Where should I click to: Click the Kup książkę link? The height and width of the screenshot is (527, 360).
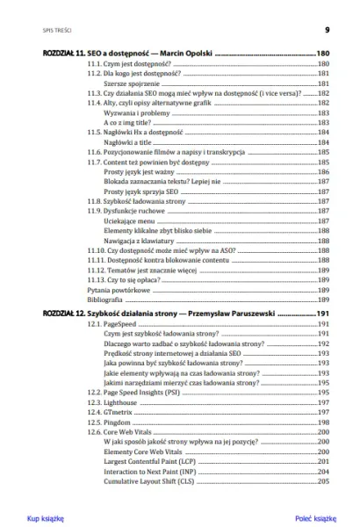pyautogui.click(x=46, y=518)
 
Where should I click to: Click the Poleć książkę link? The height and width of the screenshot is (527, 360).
pyautogui.click(x=315, y=518)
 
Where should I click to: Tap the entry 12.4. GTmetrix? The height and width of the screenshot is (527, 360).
pyautogui.click(x=111, y=409)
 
